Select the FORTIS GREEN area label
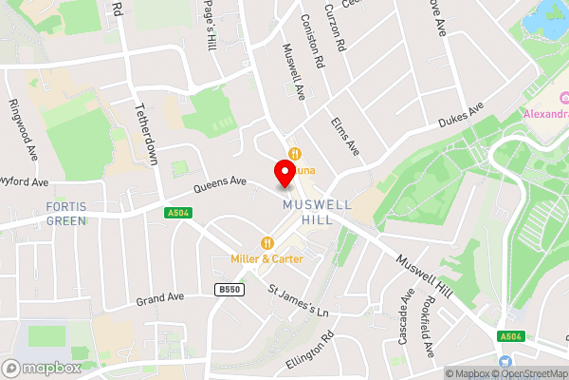65,214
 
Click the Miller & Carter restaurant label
267,258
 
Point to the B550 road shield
227,289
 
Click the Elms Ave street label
345,137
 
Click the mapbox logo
41,368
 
